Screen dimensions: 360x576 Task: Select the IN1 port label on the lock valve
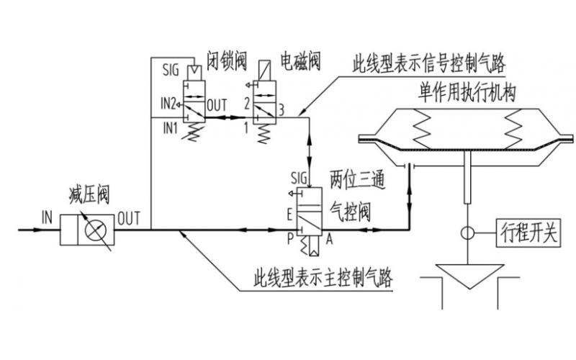click(170, 128)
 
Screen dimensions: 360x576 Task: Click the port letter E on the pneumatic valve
click(289, 215)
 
